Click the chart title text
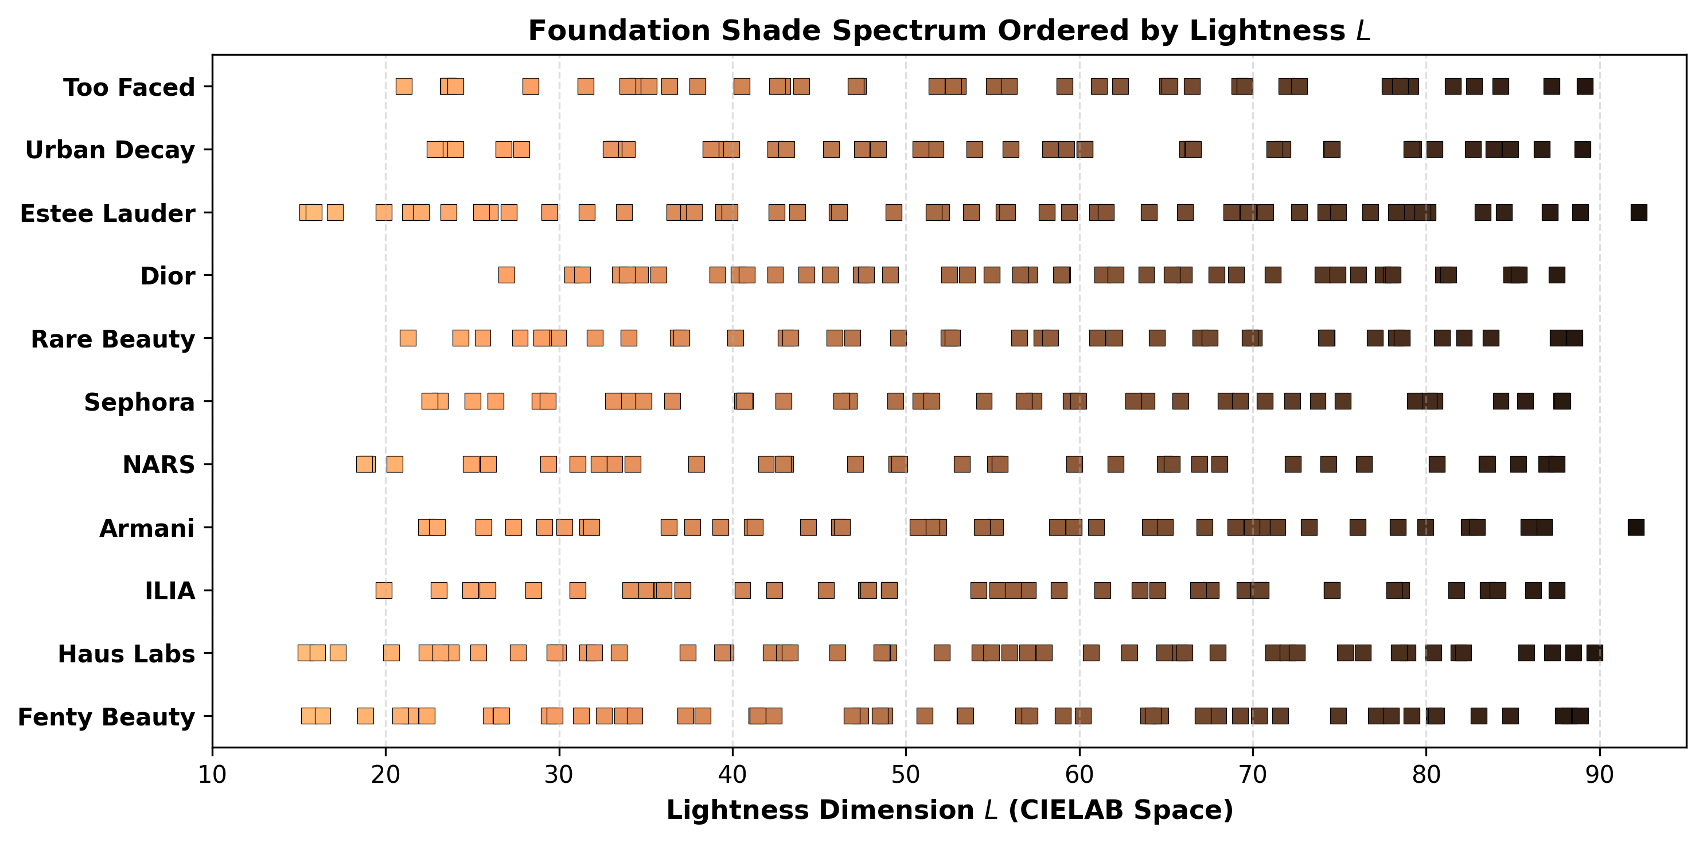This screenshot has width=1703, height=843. point(949,30)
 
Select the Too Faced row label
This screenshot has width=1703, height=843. point(129,87)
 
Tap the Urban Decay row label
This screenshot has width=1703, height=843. point(110,150)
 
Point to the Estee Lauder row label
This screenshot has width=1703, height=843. point(108,213)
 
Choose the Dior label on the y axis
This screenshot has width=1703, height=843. point(168,276)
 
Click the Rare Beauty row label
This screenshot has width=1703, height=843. point(113,338)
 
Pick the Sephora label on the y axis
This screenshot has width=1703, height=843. point(139,402)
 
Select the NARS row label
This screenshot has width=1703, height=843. point(159,465)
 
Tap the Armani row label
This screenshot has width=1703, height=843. point(147,528)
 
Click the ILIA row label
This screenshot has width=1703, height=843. point(170,591)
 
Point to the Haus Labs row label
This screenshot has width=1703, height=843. point(126,654)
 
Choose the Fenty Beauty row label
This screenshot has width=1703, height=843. point(107,717)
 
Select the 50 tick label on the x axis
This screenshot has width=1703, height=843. point(906,774)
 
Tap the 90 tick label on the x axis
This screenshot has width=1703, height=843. point(1600,774)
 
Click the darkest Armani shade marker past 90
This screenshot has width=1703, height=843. point(1635,528)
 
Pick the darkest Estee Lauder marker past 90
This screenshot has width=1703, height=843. point(1639,213)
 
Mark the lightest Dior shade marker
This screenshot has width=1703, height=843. point(506,275)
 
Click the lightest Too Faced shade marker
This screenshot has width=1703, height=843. point(404,87)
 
